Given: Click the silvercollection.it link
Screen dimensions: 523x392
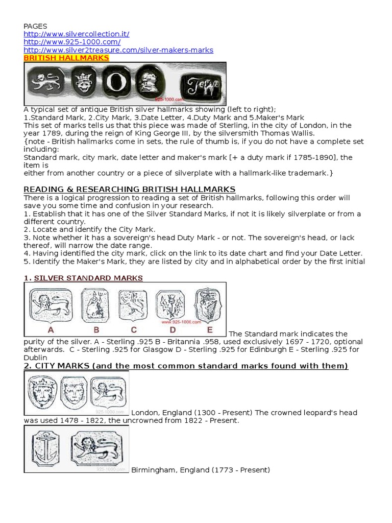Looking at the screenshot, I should click(77, 34).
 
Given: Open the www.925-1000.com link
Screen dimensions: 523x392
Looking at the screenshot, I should click(72, 42).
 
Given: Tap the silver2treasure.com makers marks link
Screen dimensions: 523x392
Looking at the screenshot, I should click(118, 50).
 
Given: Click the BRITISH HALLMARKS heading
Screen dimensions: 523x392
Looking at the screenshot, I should click(66, 58).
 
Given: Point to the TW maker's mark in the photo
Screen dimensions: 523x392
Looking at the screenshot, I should click(203, 85).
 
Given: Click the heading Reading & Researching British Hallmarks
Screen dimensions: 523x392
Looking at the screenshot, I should click(130, 189).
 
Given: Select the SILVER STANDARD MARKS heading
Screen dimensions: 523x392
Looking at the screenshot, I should click(88, 278).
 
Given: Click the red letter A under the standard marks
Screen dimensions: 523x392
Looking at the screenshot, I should click(51, 330).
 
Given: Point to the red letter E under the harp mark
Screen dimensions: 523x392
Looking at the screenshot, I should click(210, 330).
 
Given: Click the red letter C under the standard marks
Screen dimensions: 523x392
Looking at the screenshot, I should click(134, 330).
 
